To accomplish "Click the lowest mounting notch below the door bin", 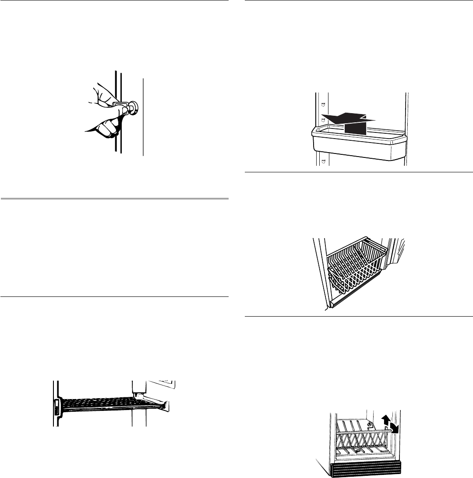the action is (323, 162).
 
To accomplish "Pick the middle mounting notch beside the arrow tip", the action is (323, 119).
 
